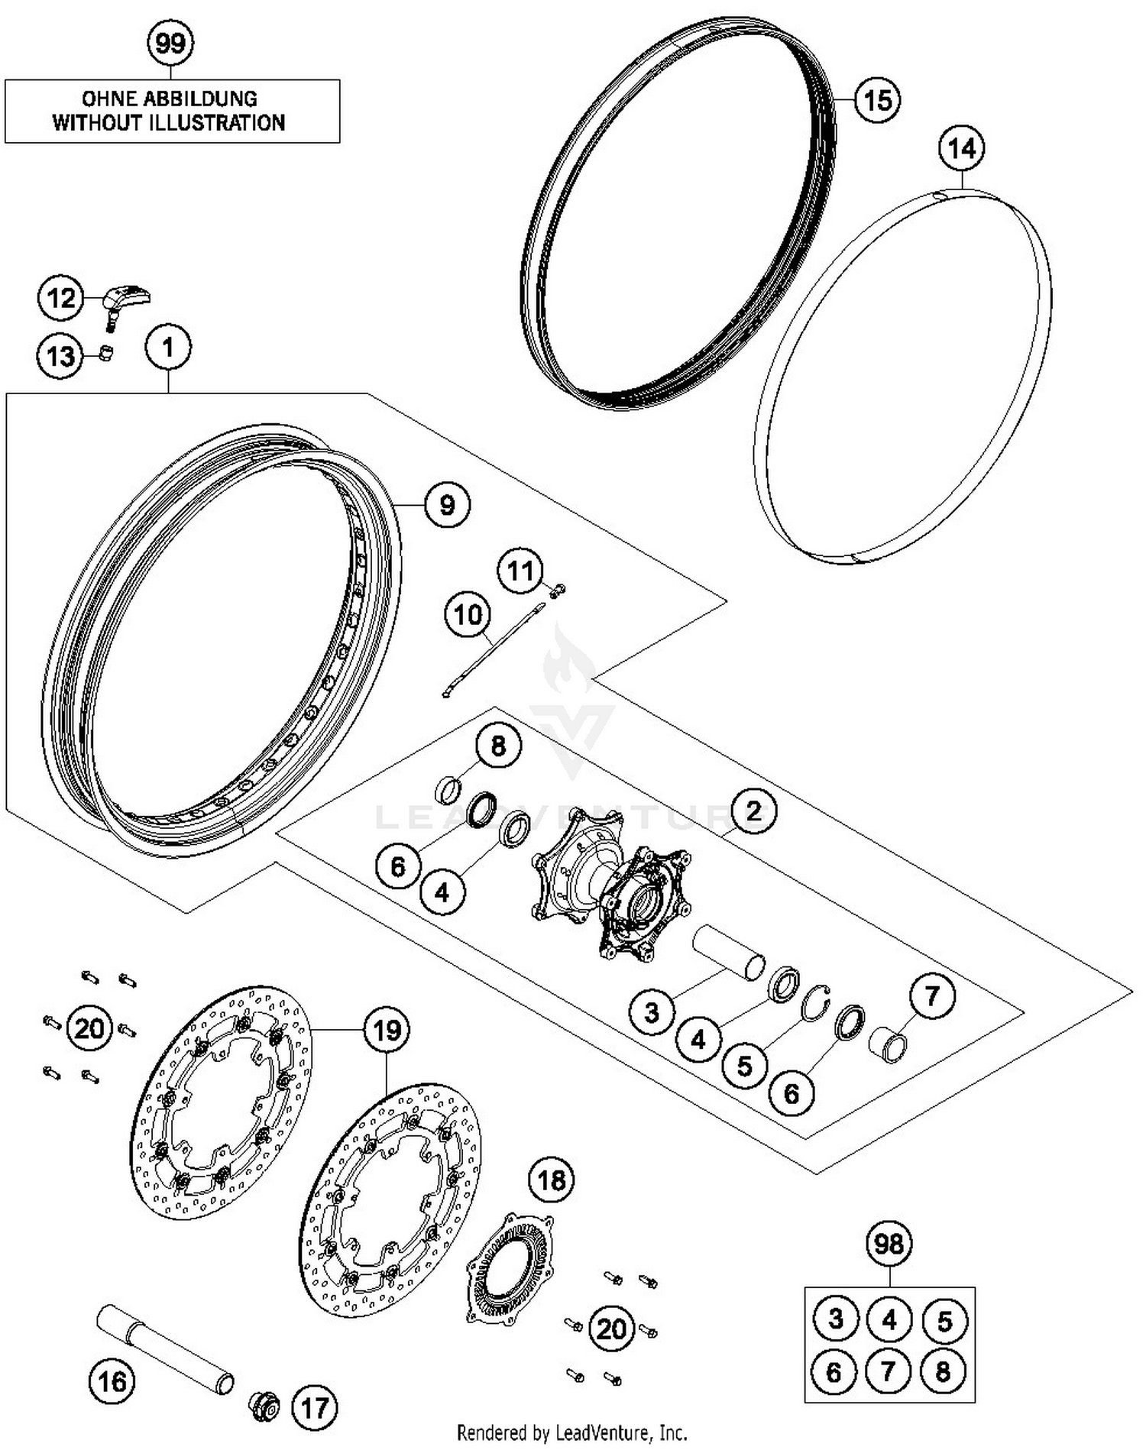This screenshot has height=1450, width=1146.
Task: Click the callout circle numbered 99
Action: click(170, 43)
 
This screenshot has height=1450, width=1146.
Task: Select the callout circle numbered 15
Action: click(877, 100)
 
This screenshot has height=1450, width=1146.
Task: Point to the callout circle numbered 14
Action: click(962, 148)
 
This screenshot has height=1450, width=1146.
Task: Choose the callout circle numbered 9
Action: click(447, 505)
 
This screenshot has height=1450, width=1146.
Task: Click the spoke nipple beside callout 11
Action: click(558, 588)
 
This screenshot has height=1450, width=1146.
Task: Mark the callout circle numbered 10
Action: click(468, 615)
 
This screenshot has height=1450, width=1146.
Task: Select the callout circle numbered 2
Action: click(753, 811)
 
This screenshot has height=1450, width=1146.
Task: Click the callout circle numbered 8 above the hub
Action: click(498, 746)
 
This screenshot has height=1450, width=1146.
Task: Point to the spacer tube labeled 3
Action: click(729, 950)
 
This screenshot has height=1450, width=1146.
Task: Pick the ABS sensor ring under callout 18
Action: click(510, 1267)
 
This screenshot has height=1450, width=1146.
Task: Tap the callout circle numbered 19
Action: click(387, 1031)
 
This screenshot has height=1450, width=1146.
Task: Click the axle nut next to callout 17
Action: click(265, 1406)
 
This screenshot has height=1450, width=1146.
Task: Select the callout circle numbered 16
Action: click(112, 1381)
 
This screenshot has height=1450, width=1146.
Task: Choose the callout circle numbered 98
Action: click(889, 1244)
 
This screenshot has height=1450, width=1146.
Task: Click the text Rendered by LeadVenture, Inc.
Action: click(572, 1432)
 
